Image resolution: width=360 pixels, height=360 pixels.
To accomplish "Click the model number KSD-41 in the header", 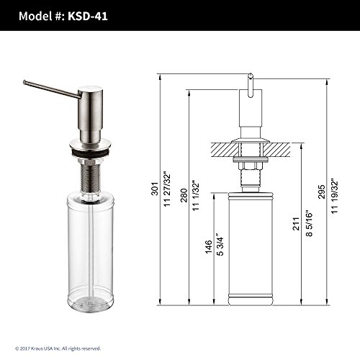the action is click(88, 16).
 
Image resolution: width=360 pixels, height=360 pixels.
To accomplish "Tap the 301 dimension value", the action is click(155, 189).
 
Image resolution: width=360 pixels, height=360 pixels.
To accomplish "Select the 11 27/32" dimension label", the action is click(167, 189).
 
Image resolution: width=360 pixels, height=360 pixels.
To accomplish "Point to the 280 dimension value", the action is click(184, 195).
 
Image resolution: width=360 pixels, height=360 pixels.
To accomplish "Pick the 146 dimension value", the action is click(208, 246).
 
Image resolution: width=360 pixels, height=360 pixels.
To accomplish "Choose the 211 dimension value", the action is click(297, 224).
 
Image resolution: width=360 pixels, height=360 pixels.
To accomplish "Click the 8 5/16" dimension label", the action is click(309, 224).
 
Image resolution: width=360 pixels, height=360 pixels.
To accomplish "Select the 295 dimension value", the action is click(322, 192).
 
